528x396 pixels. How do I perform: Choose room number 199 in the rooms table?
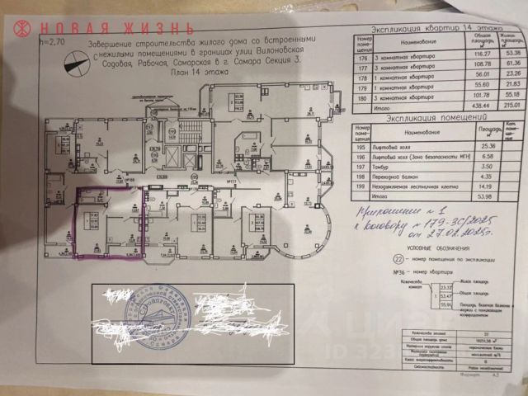(x=361, y=186)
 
